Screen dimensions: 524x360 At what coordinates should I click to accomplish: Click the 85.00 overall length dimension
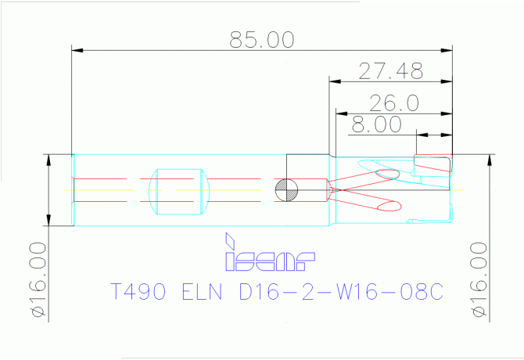click(x=262, y=40)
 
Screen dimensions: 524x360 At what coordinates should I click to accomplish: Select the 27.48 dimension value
click(x=391, y=71)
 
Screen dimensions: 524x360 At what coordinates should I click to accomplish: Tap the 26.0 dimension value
click(x=393, y=103)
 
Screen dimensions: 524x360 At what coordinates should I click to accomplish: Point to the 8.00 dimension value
click(x=376, y=124)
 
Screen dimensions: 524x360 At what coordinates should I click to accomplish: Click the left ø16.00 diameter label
click(x=38, y=279)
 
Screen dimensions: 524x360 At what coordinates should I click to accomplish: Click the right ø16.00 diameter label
click(x=479, y=279)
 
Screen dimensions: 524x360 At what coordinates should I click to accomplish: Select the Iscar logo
click(x=269, y=252)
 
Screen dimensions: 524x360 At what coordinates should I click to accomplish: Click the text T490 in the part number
click(x=138, y=291)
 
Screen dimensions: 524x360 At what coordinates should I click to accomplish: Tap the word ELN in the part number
click(x=202, y=291)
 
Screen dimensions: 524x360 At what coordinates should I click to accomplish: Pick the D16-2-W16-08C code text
click(x=341, y=291)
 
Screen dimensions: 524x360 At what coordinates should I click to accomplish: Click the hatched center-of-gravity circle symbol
click(x=286, y=190)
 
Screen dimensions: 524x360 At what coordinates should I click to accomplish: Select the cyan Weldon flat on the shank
click(x=179, y=192)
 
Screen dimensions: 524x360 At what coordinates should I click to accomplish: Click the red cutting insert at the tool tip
click(x=433, y=163)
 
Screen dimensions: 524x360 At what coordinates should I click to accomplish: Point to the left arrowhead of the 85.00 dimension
click(x=77, y=50)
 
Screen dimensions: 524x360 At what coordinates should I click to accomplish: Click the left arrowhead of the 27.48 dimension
click(x=335, y=81)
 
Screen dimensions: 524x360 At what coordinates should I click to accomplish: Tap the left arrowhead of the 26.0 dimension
click(x=342, y=113)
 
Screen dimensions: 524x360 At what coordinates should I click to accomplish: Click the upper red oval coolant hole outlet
click(x=388, y=174)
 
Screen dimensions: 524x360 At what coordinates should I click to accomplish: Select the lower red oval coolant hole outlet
click(x=389, y=206)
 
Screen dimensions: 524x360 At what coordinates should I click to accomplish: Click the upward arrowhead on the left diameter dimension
click(x=48, y=160)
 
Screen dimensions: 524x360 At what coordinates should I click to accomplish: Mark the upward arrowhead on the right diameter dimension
click(x=490, y=160)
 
